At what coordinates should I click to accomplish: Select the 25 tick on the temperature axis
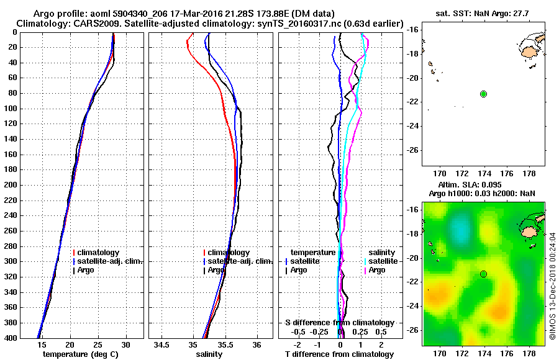98,344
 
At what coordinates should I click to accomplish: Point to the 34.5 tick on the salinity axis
162,344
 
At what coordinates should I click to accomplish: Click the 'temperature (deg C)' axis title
81,354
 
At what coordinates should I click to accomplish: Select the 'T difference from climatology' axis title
339,354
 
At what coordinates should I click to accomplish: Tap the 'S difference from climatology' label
339,323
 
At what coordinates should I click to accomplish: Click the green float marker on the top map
483,94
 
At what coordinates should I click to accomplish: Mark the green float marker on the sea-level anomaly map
483,274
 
